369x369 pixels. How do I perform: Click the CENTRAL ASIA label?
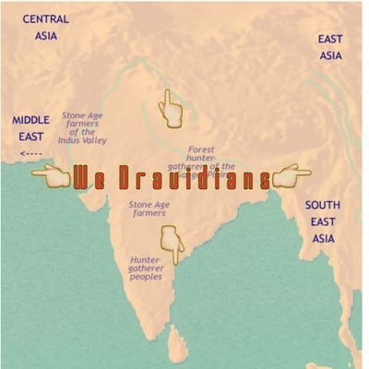45,27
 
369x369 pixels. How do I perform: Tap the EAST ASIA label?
330,47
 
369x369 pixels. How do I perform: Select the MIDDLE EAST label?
31,128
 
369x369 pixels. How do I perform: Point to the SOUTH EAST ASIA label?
322,221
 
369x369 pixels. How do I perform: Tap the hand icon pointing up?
172,109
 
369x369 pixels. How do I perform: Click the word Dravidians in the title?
194,176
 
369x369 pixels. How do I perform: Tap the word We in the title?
90,176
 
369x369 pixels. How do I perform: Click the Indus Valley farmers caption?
85,128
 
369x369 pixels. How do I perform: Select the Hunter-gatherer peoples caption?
146,268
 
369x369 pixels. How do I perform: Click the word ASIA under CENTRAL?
45,36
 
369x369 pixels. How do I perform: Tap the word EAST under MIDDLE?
31,137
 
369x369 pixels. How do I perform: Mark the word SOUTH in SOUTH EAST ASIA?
322,205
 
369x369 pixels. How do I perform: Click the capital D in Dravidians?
124,176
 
